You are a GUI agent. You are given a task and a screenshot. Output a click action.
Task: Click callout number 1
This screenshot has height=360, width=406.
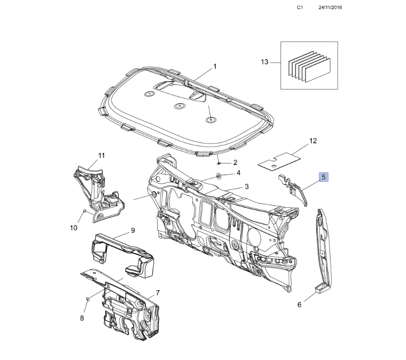[215, 66]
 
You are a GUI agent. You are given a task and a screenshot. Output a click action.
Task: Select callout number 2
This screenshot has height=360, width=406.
[235, 162]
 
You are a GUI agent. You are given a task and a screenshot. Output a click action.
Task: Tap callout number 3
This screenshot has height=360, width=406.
[246, 186]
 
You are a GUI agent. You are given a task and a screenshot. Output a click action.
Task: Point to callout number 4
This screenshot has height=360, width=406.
[238, 173]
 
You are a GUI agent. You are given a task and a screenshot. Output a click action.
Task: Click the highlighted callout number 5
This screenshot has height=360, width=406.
[324, 177]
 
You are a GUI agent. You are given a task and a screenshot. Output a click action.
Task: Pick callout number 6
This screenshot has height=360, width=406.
[299, 305]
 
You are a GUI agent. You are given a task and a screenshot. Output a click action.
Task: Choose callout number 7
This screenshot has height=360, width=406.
[158, 293]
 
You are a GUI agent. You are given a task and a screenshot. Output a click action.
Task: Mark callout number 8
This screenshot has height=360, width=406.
[82, 318]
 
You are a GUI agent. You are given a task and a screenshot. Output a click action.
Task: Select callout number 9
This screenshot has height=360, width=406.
[133, 230]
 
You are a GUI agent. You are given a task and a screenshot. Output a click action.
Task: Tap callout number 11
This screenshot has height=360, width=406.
[101, 155]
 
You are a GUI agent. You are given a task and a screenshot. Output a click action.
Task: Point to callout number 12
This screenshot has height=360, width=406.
[313, 140]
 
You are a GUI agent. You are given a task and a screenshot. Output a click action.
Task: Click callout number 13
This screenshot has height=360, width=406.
[264, 62]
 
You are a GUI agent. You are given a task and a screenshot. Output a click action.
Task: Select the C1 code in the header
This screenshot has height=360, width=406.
[300, 8]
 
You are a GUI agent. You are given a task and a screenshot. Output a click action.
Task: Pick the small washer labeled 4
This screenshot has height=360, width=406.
[219, 176]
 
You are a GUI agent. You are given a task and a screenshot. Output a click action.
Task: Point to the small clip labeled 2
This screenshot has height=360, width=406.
[218, 163]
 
